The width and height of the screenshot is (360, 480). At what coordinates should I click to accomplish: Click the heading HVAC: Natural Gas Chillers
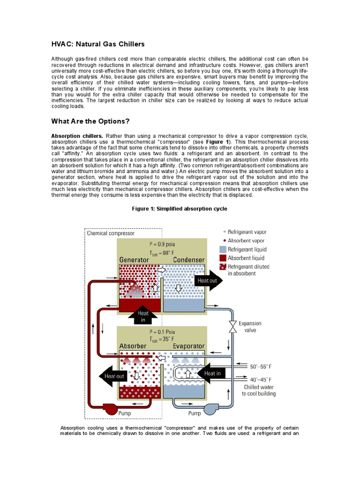[98, 44]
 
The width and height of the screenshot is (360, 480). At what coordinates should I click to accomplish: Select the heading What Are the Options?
[90, 121]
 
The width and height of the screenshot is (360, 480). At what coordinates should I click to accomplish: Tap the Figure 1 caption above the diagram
[180, 209]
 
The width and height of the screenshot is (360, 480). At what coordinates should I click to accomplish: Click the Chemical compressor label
[111, 233]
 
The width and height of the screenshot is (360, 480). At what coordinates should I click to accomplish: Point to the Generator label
[134, 260]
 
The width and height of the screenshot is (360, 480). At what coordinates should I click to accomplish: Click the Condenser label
[188, 260]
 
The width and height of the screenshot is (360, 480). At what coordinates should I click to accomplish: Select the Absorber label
[133, 346]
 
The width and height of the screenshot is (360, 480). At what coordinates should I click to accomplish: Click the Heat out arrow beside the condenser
[210, 280]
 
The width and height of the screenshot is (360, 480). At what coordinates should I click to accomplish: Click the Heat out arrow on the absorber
[113, 376]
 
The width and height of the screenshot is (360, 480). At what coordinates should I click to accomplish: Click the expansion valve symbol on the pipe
[232, 326]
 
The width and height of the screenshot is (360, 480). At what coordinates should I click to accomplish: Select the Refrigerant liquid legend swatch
[222, 249]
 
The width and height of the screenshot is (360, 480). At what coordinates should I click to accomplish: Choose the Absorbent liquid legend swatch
[222, 258]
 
